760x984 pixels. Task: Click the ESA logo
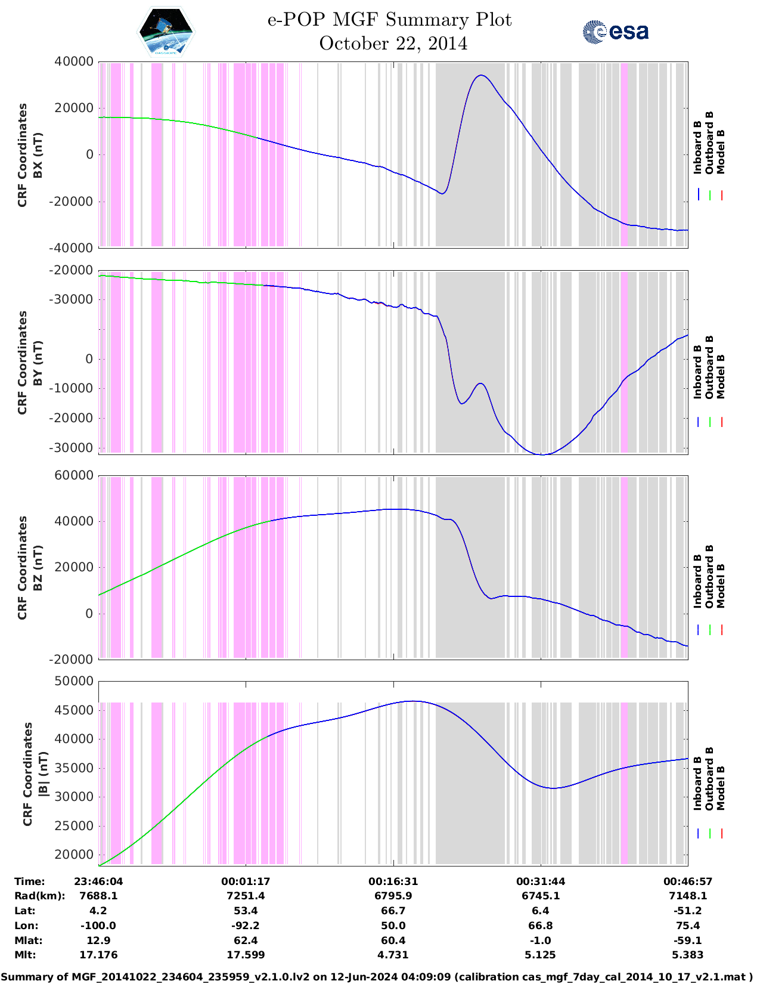coord(616,32)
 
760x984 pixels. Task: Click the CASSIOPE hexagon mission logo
coord(166,32)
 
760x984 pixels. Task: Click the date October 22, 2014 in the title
coord(393,44)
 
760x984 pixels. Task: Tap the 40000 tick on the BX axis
coord(73,61)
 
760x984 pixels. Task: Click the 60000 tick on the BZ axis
coord(73,475)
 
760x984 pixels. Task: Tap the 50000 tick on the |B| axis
coord(73,681)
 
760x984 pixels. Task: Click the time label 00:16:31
coord(393,881)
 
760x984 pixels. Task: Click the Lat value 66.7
coord(393,911)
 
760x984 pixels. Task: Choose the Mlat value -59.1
coord(688,940)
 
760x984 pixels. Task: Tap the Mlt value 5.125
coord(540,955)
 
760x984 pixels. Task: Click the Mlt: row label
coord(25,955)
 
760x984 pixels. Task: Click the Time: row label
coord(30,881)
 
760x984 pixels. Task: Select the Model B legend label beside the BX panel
coord(721,151)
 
